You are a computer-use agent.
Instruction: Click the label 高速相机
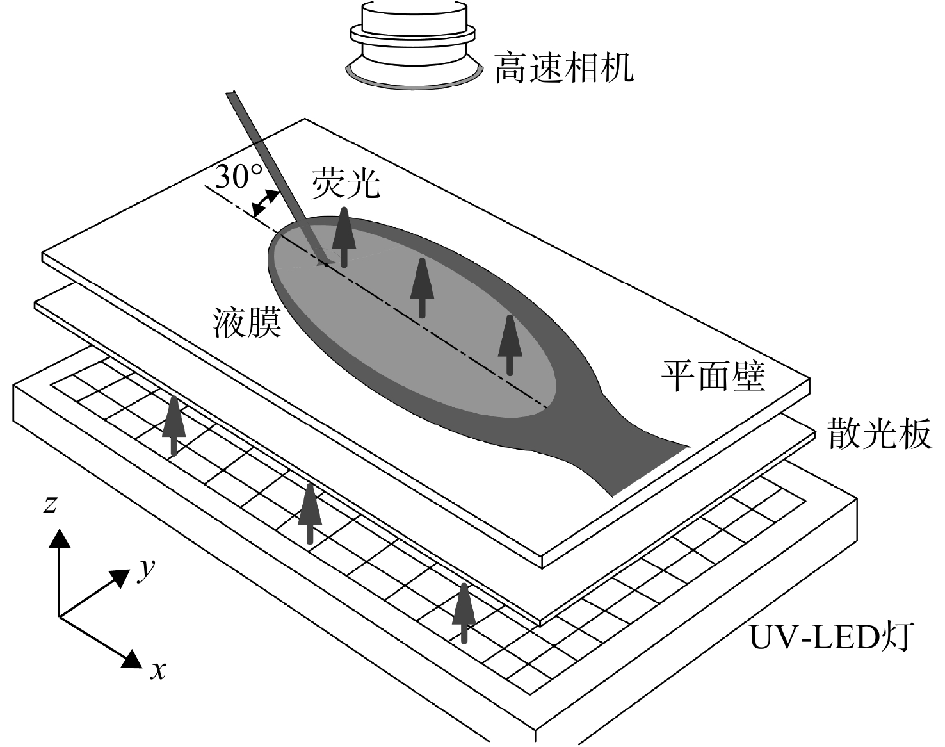pyautogui.click(x=564, y=67)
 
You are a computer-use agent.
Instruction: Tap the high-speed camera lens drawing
pyautogui.click(x=413, y=44)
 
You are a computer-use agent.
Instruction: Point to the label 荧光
pyautogui.click(x=346, y=183)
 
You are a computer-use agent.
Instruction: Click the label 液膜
pyautogui.click(x=246, y=322)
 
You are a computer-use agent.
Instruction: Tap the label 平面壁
pyautogui.click(x=714, y=375)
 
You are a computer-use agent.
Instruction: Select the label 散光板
pyautogui.click(x=880, y=433)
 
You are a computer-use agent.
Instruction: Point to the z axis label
pyautogui.click(x=50, y=504)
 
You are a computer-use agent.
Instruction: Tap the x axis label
pyautogui.click(x=158, y=671)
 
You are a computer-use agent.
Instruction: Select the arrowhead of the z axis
pyautogui.click(x=60, y=538)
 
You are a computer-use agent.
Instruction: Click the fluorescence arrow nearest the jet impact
pyautogui.click(x=344, y=237)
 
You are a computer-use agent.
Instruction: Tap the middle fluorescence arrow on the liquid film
pyautogui.click(x=422, y=288)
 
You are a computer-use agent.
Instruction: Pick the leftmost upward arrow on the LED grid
pyautogui.click(x=174, y=426)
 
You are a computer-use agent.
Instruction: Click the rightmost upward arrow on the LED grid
pyautogui.click(x=464, y=613)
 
